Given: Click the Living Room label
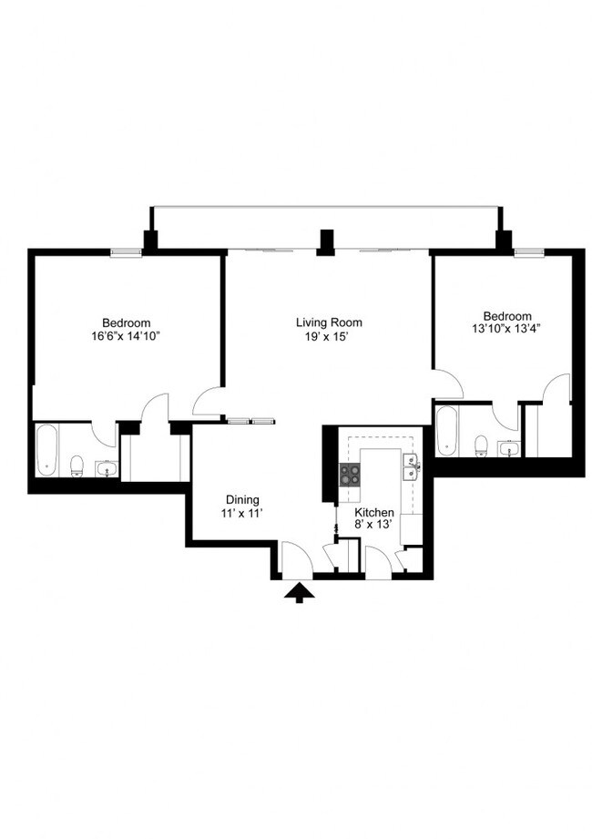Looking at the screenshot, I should (329, 322).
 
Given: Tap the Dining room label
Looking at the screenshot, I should (243, 500).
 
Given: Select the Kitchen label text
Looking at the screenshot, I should (374, 513).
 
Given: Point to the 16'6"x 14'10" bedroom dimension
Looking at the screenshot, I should (127, 335).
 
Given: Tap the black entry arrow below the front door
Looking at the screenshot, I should (299, 593).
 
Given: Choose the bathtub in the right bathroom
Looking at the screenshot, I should (446, 431).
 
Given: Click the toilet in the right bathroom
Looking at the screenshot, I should (481, 445).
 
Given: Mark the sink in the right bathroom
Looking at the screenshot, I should (508, 447).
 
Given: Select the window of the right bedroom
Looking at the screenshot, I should (528, 252).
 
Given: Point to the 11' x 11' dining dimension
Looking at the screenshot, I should (243, 514).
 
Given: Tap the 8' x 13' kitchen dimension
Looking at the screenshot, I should (374, 527).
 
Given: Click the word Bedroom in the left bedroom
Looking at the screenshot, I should (127, 322).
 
